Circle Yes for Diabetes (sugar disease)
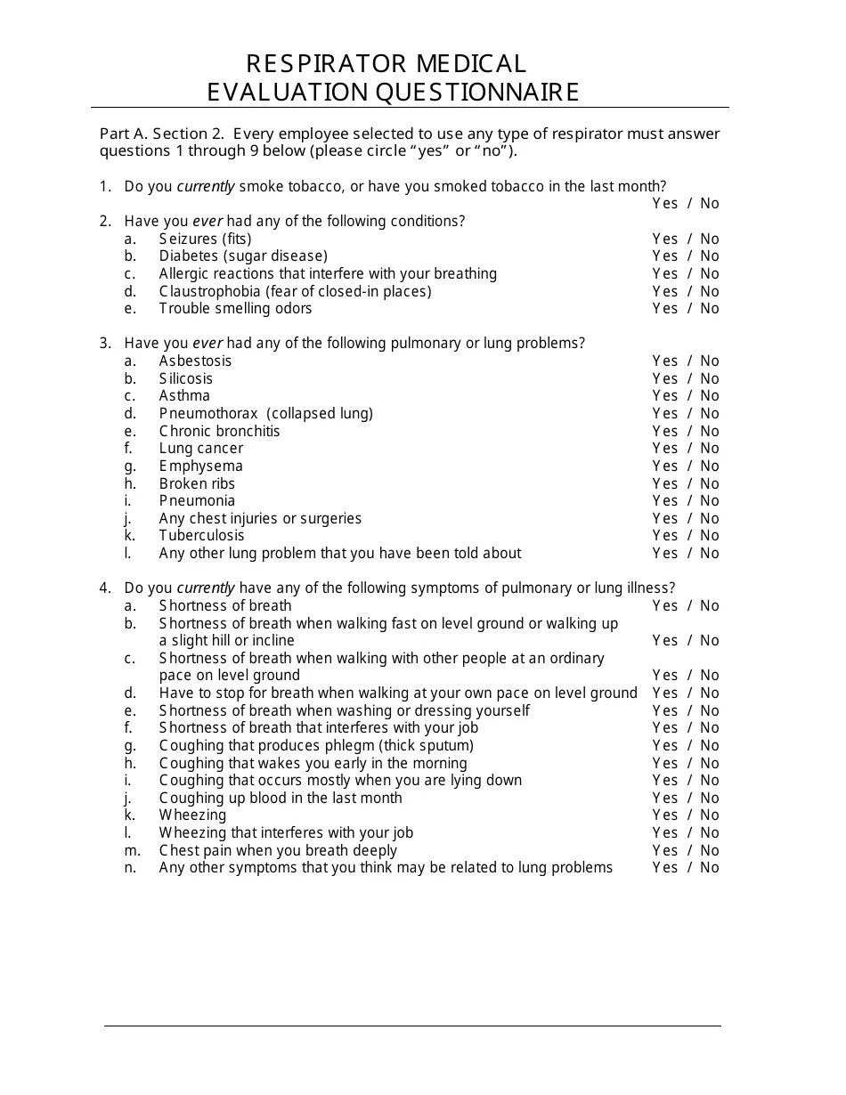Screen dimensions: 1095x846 point(664,256)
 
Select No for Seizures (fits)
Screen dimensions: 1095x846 point(710,239)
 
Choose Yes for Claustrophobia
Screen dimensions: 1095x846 point(664,291)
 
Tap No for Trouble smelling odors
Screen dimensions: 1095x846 point(710,309)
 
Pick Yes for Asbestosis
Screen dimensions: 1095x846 point(664,361)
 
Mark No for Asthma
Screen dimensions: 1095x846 point(710,396)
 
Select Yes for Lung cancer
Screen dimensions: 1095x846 point(664,449)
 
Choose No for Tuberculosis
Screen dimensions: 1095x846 point(710,536)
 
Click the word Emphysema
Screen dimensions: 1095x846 point(200,466)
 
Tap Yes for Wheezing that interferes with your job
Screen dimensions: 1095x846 point(664,833)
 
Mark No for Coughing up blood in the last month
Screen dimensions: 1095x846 point(710,799)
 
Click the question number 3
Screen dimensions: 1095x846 point(105,344)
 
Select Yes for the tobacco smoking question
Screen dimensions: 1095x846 point(664,204)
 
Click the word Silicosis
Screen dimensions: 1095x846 point(186,379)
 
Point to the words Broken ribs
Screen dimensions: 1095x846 point(197,484)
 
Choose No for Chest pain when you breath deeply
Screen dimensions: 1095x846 point(710,851)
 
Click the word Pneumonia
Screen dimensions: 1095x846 point(197,501)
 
